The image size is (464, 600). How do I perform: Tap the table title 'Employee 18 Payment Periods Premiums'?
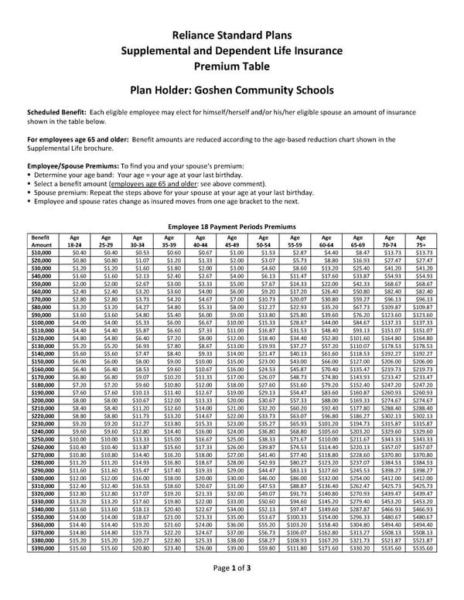[231, 227]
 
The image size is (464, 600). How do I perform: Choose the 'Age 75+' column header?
[421, 241]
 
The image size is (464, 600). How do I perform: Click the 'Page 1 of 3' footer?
[231, 588]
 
